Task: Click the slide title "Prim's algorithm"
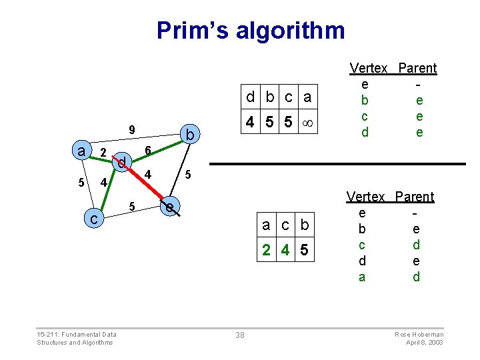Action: click(x=251, y=31)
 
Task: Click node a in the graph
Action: click(x=81, y=151)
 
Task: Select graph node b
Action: click(x=190, y=135)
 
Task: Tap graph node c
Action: click(x=95, y=218)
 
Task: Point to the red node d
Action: click(x=122, y=162)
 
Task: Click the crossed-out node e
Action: click(x=171, y=207)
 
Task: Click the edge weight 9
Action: click(x=132, y=130)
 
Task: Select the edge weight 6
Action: click(x=149, y=149)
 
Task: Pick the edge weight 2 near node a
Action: click(x=102, y=153)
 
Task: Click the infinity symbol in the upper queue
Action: click(x=307, y=123)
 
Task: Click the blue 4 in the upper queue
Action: click(x=249, y=123)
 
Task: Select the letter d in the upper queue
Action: click(x=250, y=97)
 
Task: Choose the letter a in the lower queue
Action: click(x=266, y=225)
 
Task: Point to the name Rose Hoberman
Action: click(x=419, y=334)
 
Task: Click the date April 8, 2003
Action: click(x=425, y=343)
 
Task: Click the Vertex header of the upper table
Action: click(x=369, y=68)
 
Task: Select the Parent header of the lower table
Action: click(x=414, y=197)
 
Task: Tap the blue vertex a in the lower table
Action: click(x=362, y=277)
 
